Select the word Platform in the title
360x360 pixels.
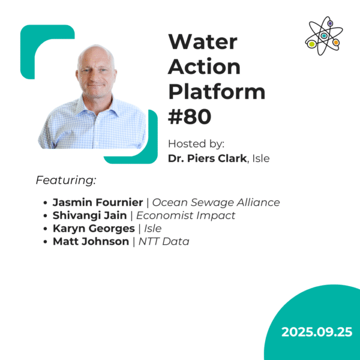point(217,92)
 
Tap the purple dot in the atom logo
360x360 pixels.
point(330,23)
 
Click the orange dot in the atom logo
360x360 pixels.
point(336,43)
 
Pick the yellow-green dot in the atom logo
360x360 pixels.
point(312,44)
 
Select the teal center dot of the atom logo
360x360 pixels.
point(324,36)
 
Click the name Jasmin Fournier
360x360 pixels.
point(98,202)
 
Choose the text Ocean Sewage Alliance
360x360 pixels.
point(217,202)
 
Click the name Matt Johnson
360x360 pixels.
point(90,242)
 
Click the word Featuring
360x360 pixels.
point(66,180)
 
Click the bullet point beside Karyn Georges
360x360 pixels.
point(46,229)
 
